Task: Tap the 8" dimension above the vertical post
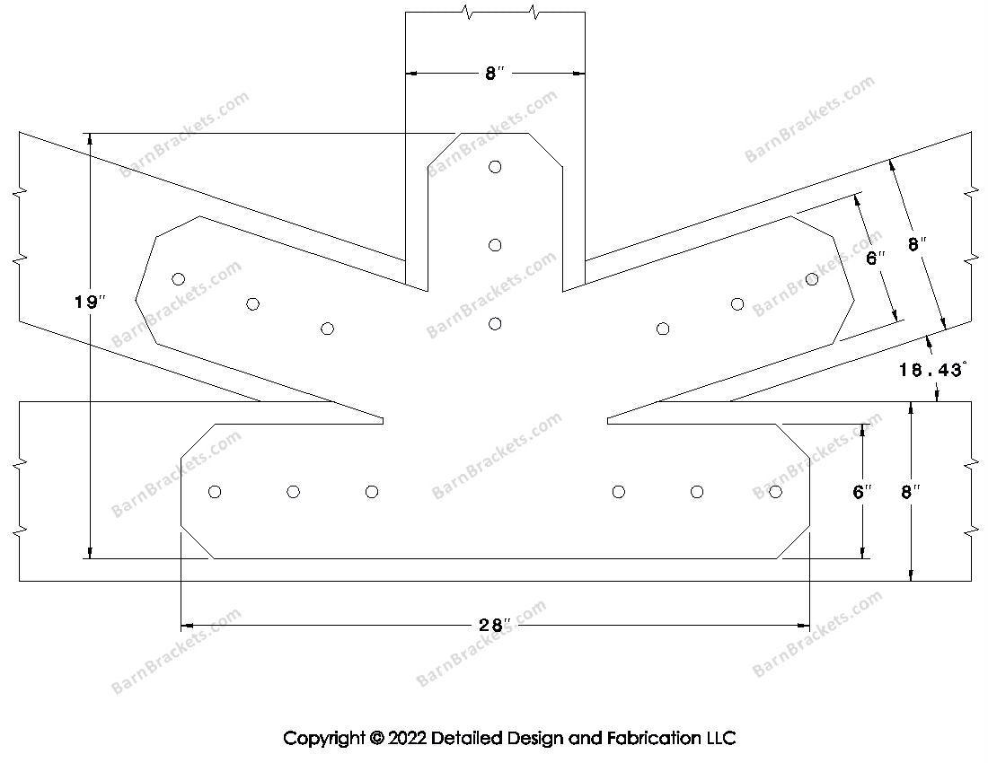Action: click(x=495, y=74)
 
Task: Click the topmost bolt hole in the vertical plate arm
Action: click(x=495, y=167)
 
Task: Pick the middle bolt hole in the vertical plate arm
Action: click(x=495, y=245)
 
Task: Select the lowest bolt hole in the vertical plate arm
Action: click(x=495, y=324)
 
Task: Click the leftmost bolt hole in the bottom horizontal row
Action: click(x=215, y=492)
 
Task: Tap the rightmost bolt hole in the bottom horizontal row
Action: click(x=775, y=492)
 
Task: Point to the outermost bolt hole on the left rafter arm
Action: click(x=179, y=279)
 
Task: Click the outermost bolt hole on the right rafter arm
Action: click(x=812, y=279)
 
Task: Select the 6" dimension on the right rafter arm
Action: click(x=876, y=259)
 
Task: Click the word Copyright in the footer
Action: click(x=323, y=739)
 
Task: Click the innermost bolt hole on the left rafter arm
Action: click(x=327, y=329)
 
